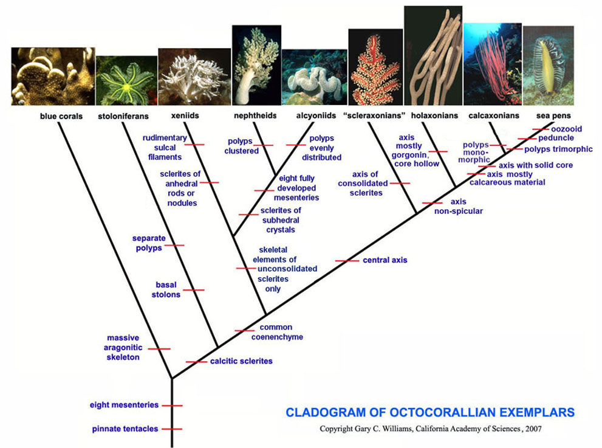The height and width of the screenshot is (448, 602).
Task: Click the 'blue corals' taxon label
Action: click(x=61, y=116)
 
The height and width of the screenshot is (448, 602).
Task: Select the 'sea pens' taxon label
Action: click(x=553, y=115)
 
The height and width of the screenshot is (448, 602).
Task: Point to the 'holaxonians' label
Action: click(x=434, y=115)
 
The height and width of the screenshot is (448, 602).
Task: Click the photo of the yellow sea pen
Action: click(x=549, y=65)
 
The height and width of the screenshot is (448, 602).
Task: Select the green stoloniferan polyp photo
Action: click(x=126, y=81)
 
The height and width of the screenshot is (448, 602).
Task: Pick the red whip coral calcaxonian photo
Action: click(x=493, y=64)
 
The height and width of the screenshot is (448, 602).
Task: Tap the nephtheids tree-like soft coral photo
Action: click(x=256, y=65)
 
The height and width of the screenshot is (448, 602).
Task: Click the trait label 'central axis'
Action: click(x=385, y=260)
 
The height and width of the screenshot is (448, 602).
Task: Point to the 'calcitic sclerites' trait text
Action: click(x=241, y=361)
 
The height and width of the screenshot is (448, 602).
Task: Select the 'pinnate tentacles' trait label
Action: click(x=125, y=429)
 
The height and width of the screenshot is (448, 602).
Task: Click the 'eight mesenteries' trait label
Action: click(x=124, y=405)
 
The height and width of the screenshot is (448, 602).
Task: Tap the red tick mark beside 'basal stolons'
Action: click(x=194, y=290)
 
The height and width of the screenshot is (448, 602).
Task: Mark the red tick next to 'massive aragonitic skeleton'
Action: click(x=159, y=349)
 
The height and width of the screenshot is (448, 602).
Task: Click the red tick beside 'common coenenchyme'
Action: click(x=244, y=331)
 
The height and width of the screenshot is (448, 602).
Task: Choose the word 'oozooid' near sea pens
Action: click(x=566, y=129)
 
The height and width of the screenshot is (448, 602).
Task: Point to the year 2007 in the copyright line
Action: click(x=533, y=429)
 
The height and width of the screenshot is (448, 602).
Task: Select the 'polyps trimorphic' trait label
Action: click(x=558, y=149)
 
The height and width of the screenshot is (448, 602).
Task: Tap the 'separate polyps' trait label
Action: click(x=149, y=243)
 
